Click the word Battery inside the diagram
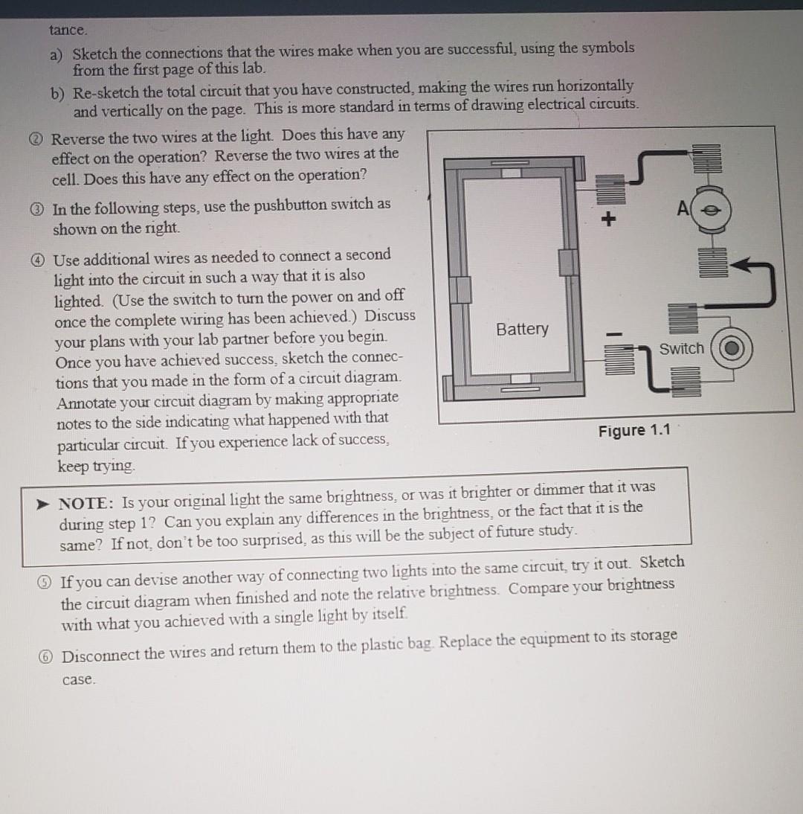522,329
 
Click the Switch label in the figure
681,348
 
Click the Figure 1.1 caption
633,430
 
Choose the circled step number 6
48,656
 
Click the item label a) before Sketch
57,54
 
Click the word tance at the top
68,31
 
